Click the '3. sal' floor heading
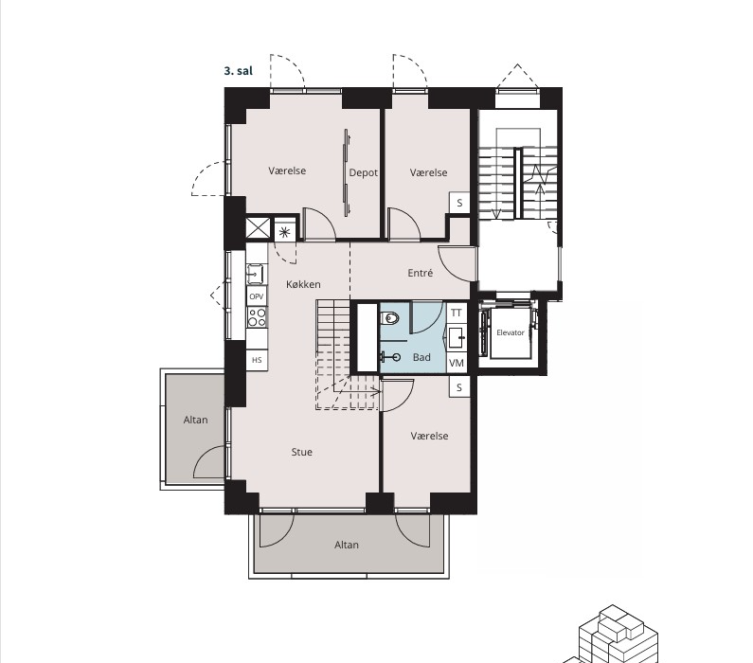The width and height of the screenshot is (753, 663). (238, 71)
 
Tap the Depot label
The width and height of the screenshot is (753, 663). (363, 172)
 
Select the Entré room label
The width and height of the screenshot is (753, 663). (421, 273)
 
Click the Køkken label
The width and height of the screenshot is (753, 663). (303, 284)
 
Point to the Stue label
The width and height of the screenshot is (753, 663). (301, 452)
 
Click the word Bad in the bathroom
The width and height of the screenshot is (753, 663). (421, 357)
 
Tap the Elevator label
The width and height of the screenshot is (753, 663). (510, 332)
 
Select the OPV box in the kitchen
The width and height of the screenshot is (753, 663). (257, 296)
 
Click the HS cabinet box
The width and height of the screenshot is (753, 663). (257, 360)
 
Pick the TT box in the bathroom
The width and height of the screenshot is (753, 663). (457, 313)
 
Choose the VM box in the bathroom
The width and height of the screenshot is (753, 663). (457, 363)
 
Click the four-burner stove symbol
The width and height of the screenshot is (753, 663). (257, 317)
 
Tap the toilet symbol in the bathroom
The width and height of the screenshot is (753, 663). (390, 317)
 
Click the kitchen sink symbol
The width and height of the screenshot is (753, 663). (255, 274)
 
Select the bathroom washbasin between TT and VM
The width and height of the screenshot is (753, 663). (457, 338)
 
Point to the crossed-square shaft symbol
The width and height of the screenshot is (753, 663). (259, 227)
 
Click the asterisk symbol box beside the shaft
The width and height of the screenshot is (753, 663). (284, 232)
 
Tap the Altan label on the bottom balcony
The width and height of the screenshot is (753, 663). (347, 545)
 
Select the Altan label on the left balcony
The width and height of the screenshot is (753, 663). (195, 421)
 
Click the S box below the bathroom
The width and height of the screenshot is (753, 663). (459, 387)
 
